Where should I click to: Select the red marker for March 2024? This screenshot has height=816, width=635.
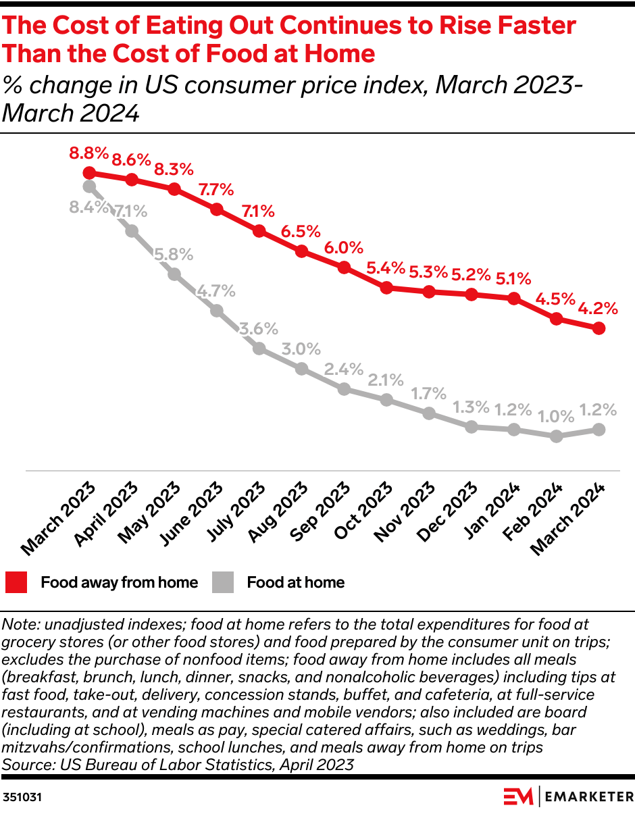599,328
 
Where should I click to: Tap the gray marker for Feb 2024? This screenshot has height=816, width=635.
556,436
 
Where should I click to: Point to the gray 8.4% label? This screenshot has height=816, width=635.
88,207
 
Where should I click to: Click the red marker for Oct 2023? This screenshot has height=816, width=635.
386,288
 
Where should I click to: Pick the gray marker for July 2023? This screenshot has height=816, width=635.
259,349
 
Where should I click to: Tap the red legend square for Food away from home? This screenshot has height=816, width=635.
16,582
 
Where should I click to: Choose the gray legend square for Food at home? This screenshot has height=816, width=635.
223,582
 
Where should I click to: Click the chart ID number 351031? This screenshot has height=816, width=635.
23,797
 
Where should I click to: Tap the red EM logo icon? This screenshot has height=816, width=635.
517,796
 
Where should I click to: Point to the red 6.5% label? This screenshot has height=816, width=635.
301,232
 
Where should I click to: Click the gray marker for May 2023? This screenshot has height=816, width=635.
174,274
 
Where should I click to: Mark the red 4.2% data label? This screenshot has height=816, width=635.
598,309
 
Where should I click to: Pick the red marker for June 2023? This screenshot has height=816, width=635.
217,209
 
